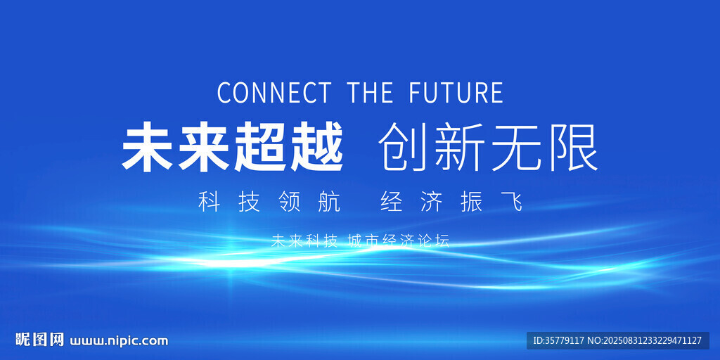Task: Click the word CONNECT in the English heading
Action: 274,92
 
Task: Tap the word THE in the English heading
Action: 371,92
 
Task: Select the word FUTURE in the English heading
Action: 456,92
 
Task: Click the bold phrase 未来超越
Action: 232,148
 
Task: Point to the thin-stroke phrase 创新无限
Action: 489,148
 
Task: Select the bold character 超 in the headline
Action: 260,148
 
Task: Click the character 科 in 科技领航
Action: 210,202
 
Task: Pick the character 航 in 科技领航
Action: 329,202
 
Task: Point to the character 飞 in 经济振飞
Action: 512,202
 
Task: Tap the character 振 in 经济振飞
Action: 472,202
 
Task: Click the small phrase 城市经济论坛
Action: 399,241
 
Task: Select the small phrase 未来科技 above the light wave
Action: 304,241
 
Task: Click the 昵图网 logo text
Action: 40,340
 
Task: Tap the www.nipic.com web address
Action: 119,341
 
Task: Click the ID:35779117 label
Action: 558,340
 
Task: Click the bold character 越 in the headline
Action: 316,148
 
